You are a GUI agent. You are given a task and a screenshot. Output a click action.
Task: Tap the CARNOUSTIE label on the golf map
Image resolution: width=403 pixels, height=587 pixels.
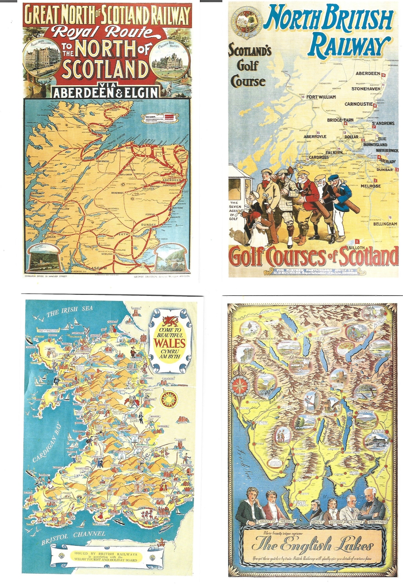[358, 104]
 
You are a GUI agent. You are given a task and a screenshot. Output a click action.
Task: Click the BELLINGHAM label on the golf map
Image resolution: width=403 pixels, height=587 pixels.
[385, 224]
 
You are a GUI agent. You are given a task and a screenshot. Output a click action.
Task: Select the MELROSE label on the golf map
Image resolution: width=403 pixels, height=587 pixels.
[370, 186]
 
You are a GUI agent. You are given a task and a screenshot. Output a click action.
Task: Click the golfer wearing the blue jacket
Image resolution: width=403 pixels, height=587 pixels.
[341, 201]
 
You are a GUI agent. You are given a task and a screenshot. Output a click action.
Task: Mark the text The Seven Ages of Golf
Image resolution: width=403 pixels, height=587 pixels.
[235, 211]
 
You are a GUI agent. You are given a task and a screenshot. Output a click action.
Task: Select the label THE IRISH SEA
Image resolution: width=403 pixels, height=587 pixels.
[70, 311]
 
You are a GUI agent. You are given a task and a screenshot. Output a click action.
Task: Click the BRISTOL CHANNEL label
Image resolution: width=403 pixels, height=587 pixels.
[73, 537]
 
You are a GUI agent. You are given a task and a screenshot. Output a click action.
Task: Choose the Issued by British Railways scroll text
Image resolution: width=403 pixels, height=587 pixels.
[106, 556]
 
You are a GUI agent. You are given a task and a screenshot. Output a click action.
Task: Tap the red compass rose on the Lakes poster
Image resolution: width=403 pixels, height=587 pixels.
[240, 385]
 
